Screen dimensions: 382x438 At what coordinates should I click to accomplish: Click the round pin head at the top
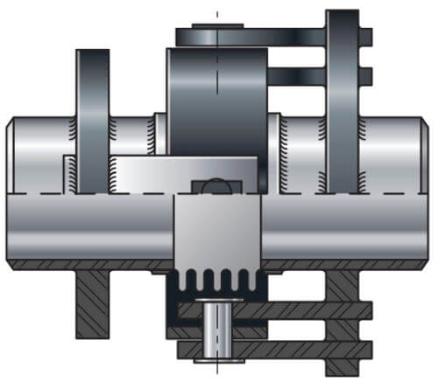point(215,37)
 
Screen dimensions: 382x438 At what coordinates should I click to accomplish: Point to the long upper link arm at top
point(263,38)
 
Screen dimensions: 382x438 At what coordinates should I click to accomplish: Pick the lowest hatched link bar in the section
point(289,350)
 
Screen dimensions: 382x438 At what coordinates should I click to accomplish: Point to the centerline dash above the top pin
point(216,16)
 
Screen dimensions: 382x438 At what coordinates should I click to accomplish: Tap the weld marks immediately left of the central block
point(159,131)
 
